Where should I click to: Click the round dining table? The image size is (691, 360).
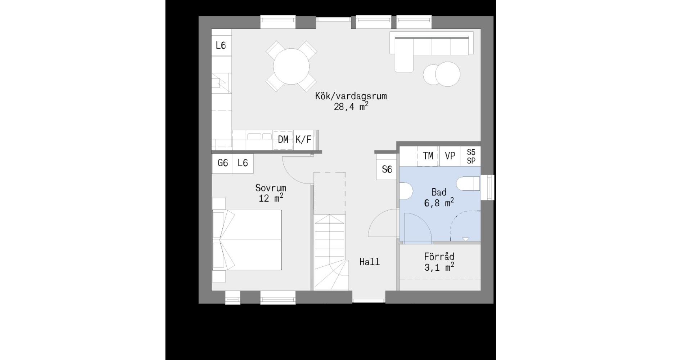pos(292,67)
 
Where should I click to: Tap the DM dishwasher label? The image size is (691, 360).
pos(283,139)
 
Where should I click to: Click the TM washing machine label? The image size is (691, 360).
pos(428,156)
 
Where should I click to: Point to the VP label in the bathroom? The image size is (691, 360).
pos(450,156)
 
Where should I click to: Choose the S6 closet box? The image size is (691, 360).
pos(387,169)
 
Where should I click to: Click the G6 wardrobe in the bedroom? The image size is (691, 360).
pos(222,163)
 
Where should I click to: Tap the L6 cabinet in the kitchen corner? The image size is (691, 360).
pos(221,45)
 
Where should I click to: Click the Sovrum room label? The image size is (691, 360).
pos(271,188)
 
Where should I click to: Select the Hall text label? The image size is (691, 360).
pos(370,262)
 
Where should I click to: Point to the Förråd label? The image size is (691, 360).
pos(439,256)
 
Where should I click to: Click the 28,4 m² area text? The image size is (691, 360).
pos(351,107)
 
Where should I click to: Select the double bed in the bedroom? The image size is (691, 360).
pos(247,240)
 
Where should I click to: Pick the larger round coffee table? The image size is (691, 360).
pos(448,74)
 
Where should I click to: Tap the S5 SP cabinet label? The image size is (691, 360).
pos(471,157)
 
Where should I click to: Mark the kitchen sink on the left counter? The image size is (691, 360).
pos(221,84)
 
